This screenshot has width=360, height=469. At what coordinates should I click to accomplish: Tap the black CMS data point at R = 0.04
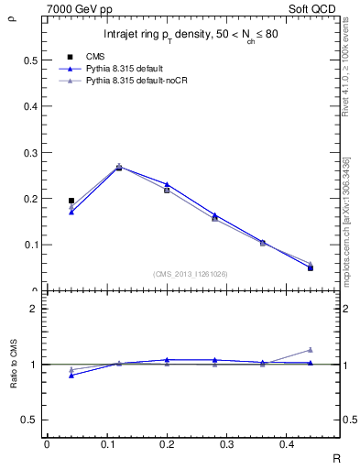pyautogui.click(x=71, y=200)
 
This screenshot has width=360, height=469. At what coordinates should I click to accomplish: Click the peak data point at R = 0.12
pyautogui.click(x=119, y=168)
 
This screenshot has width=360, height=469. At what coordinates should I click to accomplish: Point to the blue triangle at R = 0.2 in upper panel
pyautogui.click(x=167, y=184)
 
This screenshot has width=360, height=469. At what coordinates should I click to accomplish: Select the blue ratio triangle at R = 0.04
pyautogui.click(x=71, y=376)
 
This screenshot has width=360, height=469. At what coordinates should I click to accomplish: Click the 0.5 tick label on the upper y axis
pyautogui.click(x=29, y=60)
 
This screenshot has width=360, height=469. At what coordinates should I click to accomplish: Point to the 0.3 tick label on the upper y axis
pyautogui.click(x=29, y=153)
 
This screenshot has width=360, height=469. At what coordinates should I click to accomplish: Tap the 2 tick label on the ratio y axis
pyautogui.click(x=34, y=309)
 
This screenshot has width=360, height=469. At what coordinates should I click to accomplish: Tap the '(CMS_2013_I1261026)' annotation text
pyautogui.click(x=191, y=273)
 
